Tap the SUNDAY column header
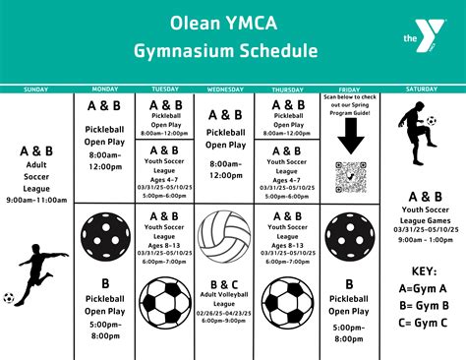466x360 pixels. pyautogui.click(x=36, y=89)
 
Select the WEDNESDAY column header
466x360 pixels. pyautogui.click(x=225, y=89)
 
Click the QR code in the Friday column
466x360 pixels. pyautogui.click(x=350, y=177)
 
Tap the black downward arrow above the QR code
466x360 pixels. pyautogui.click(x=350, y=142)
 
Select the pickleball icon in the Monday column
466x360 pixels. pyautogui.click(x=103, y=236)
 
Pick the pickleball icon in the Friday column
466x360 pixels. pyautogui.click(x=350, y=236)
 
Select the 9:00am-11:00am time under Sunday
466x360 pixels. pyautogui.click(x=37, y=201)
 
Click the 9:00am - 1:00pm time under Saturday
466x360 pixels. pyautogui.click(x=426, y=239)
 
